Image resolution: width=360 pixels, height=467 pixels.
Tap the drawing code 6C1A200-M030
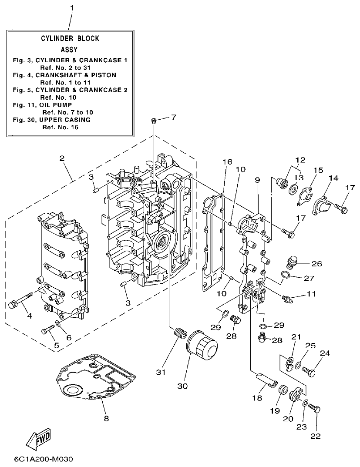pos(43,460)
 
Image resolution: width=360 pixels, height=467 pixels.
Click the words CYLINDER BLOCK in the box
pos(70,38)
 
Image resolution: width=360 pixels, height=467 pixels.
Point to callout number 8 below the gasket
pos(106,419)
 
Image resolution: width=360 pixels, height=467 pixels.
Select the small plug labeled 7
pos(154,121)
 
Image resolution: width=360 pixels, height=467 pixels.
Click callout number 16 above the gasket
pos(227,162)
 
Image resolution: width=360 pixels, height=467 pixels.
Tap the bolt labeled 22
pos(315,409)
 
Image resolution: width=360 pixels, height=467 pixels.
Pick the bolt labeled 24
pos(309,371)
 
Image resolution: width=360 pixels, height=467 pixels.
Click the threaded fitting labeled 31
pos(178,336)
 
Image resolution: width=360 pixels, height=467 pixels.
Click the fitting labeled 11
pos(287,299)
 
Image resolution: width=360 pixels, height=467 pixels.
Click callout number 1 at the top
pos(72,8)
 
